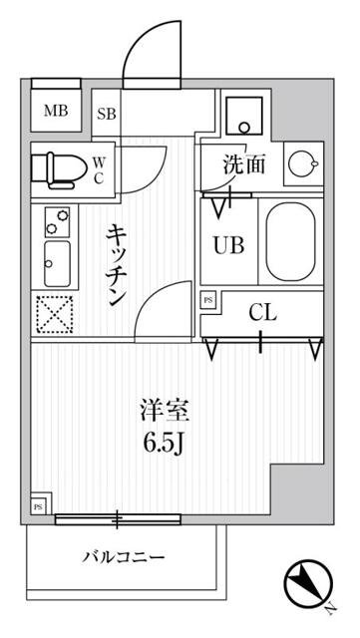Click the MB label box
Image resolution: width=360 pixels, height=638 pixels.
56,111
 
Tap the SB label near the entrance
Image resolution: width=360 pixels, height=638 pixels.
106,113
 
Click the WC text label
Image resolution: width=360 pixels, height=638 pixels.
99,169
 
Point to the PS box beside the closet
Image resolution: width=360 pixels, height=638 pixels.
208,299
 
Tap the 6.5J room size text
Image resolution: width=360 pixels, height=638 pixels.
165,441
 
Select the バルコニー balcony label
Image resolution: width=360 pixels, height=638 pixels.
124,556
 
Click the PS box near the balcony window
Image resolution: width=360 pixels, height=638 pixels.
38,506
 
